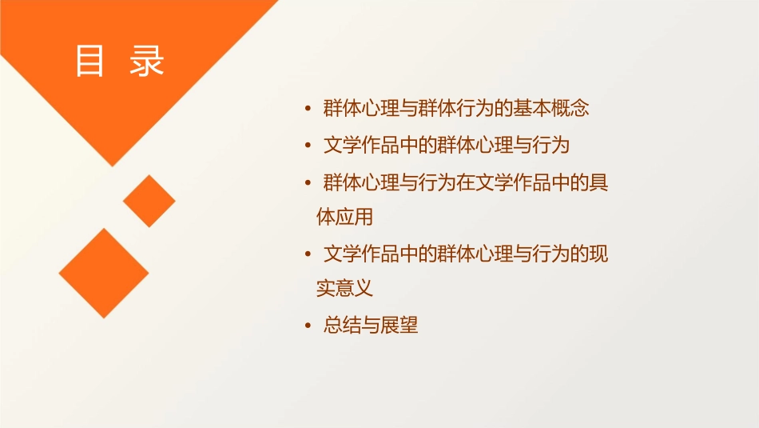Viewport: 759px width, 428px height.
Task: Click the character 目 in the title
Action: [90, 61]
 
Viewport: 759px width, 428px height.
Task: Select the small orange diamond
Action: [149, 201]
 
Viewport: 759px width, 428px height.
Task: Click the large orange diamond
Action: [104, 273]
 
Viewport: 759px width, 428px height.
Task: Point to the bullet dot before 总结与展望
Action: [308, 326]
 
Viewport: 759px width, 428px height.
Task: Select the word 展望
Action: [399, 326]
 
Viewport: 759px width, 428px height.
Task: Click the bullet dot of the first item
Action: [308, 109]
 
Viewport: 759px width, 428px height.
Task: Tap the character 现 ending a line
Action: [598, 255]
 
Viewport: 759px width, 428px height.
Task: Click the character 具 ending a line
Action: [598, 183]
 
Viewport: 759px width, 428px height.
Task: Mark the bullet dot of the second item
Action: [308, 146]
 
